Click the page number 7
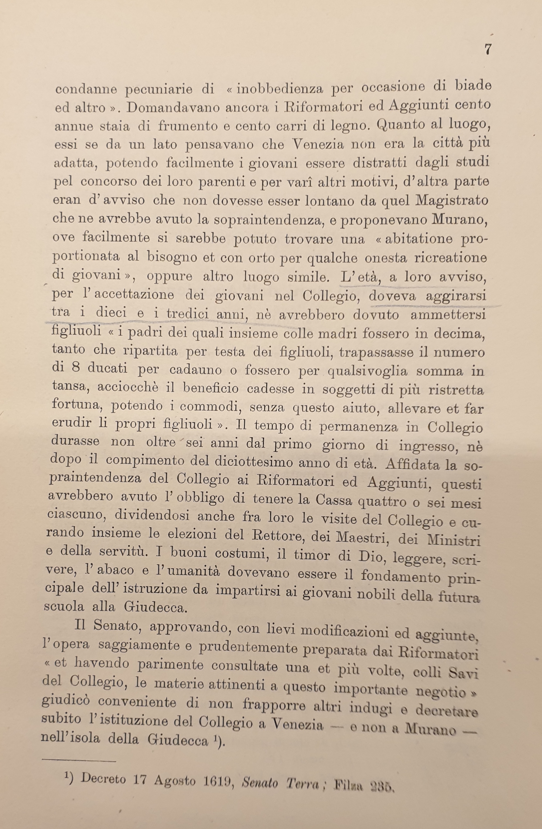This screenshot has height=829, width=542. point(488,49)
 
